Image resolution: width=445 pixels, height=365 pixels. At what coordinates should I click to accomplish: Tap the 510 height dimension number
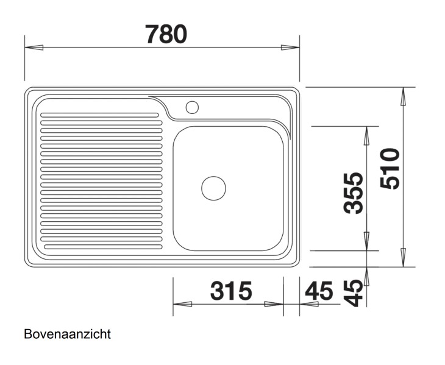pyautogui.click(x=388, y=168)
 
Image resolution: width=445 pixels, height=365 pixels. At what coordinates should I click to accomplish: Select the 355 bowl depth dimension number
pyautogui.click(x=353, y=193)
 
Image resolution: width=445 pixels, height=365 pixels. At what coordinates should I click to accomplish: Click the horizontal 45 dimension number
pyautogui.click(x=318, y=291)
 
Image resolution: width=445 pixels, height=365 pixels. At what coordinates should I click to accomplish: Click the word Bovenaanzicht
pyautogui.click(x=68, y=335)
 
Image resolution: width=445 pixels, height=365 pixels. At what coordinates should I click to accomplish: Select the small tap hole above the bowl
pyautogui.click(x=192, y=108)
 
